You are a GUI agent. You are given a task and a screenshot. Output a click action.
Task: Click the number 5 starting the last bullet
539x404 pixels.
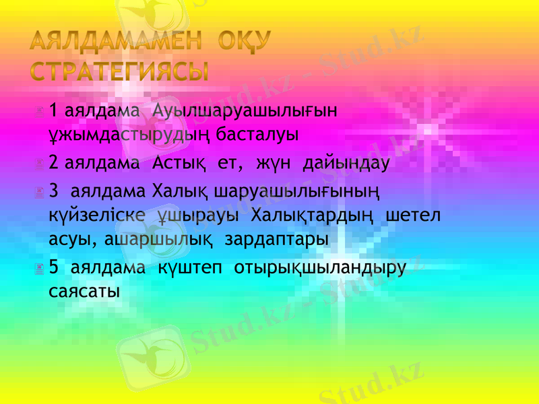tap(54, 268)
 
